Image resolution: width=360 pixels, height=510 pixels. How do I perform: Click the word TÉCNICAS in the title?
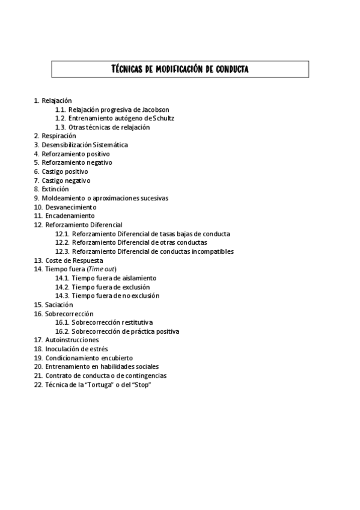[x=128, y=69]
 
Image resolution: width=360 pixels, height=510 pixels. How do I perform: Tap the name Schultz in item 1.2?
[x=162, y=118]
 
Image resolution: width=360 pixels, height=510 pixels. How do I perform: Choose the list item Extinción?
[x=56, y=189]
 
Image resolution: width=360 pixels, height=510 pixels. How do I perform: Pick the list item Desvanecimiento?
[x=70, y=207]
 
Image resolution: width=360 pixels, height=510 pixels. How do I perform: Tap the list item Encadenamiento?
[x=70, y=215]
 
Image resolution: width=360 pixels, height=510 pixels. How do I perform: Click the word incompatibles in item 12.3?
[x=210, y=251]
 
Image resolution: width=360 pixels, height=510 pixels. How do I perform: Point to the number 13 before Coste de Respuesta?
[x=38, y=260]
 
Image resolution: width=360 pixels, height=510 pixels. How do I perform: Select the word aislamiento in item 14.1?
[x=136, y=278]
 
